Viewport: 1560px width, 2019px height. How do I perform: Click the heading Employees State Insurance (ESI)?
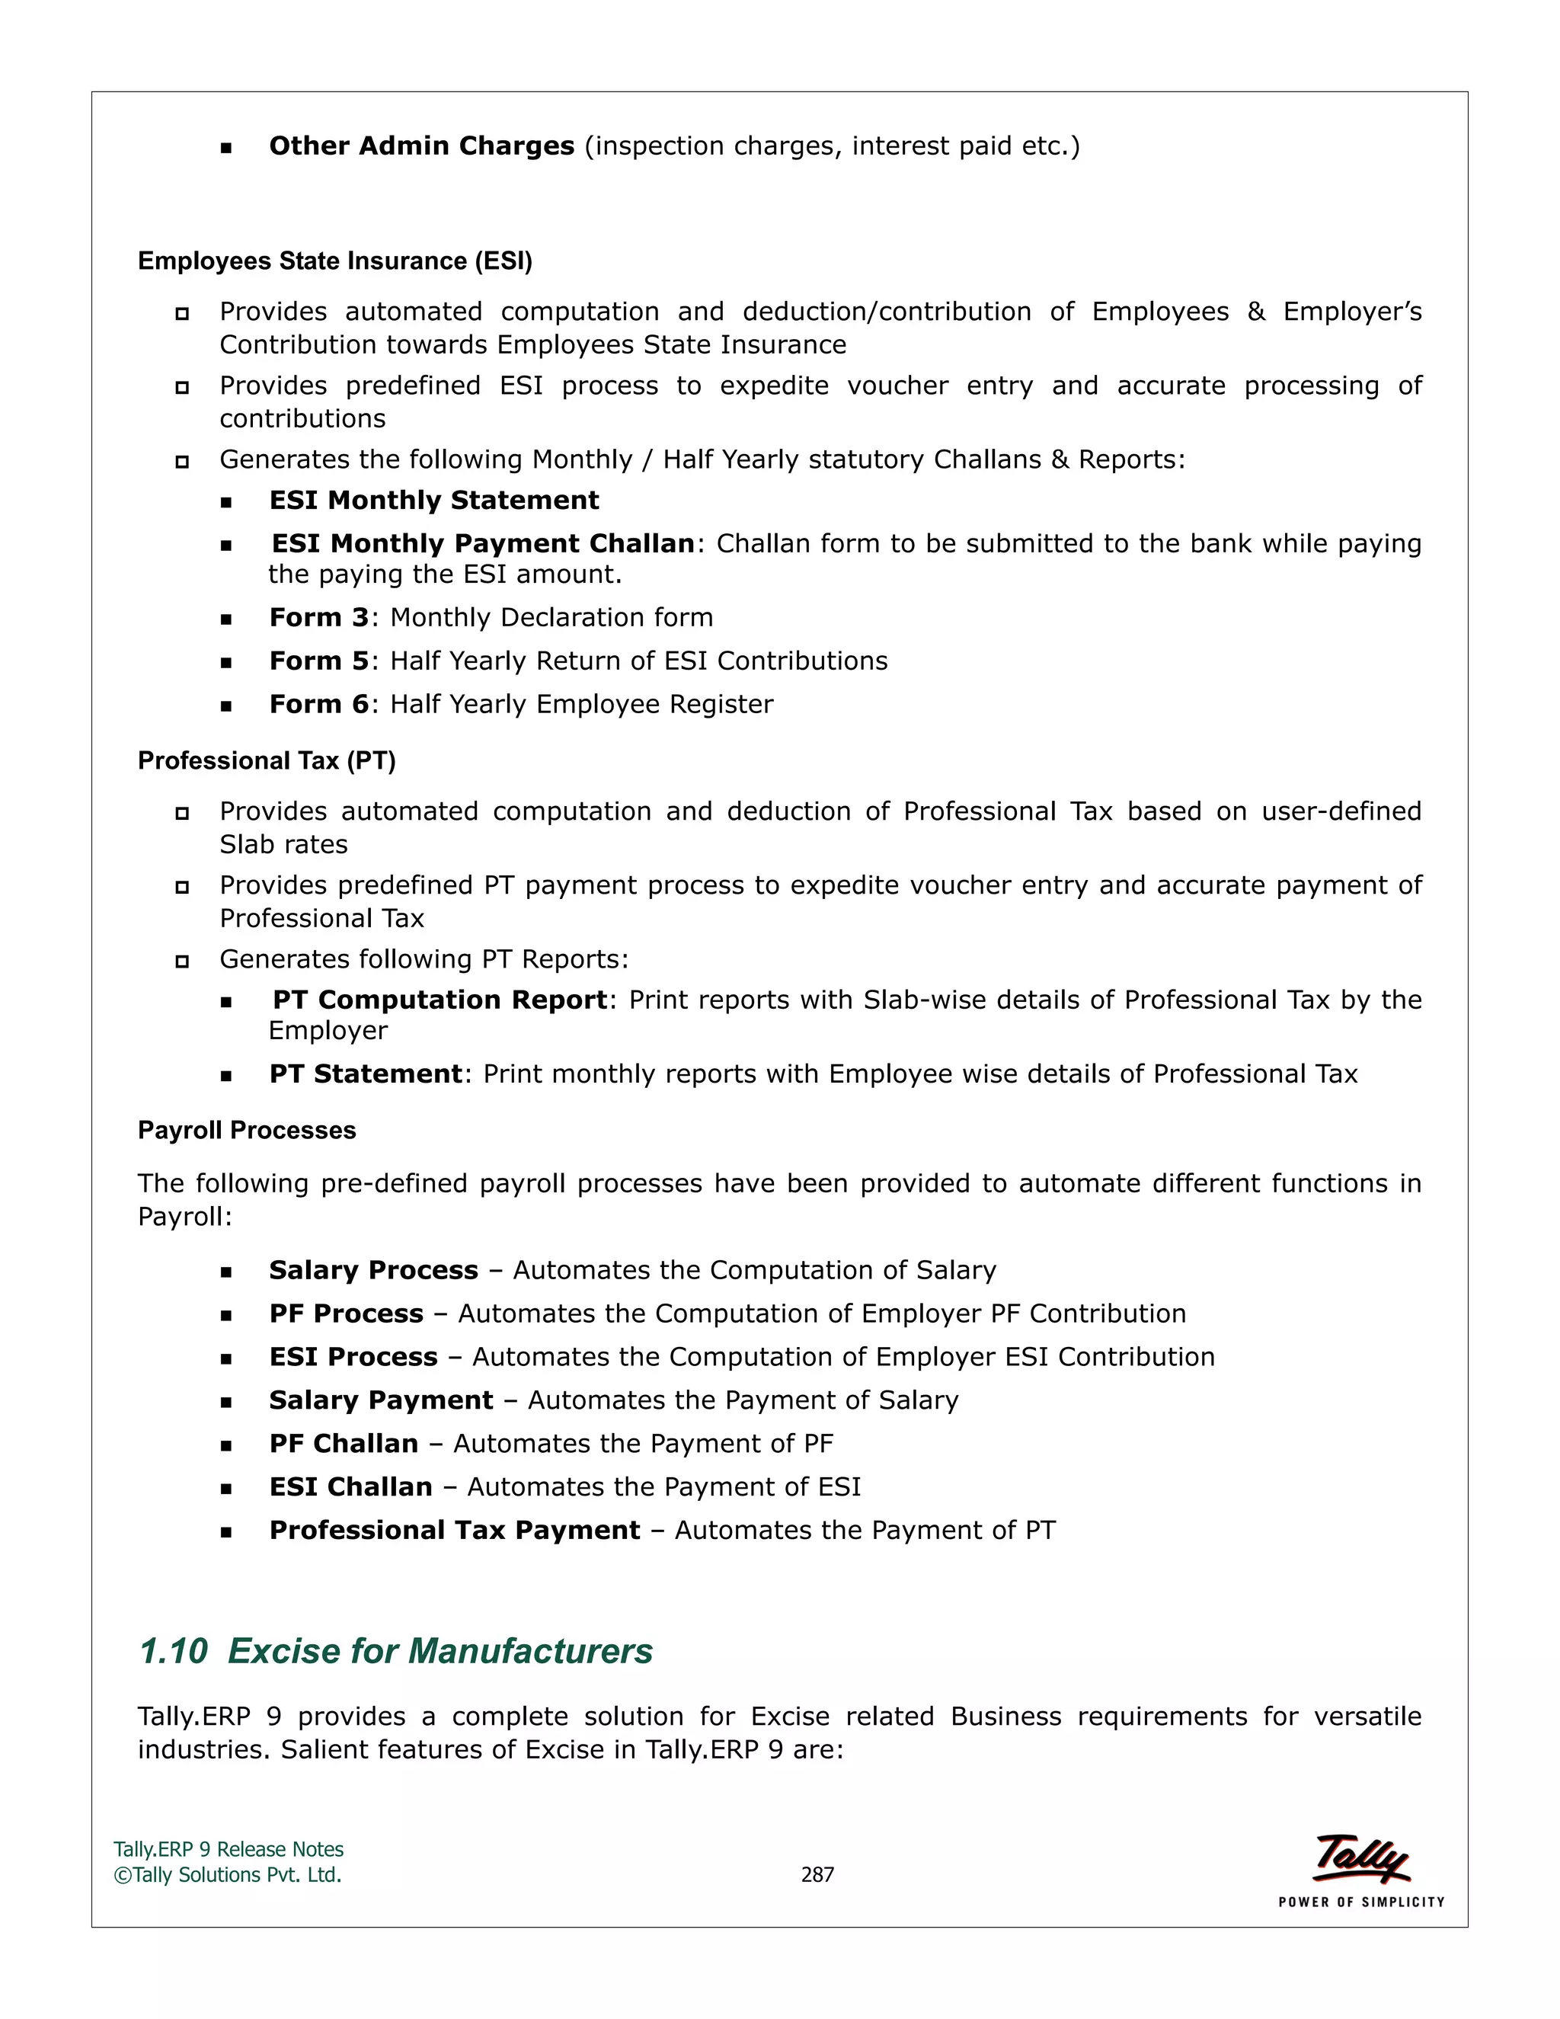334,261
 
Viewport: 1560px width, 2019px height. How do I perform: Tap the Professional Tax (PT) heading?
266,761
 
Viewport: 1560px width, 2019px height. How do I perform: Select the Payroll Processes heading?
247,1131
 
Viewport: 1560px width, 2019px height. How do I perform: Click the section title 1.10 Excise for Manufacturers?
395,1651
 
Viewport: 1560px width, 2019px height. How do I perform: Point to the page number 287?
817,1875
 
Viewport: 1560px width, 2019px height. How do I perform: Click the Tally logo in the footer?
1361,1858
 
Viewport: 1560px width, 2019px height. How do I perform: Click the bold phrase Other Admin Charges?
421,146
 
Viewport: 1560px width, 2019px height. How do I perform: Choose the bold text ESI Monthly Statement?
433,500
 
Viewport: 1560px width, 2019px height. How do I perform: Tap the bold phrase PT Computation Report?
440,1000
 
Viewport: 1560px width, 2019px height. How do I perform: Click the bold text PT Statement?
365,1074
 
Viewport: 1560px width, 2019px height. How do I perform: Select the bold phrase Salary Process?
373,1270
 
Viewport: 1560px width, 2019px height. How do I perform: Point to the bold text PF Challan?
344,1444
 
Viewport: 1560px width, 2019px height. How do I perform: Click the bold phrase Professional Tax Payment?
454,1531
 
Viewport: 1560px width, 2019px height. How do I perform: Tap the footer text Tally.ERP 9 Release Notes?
229,1850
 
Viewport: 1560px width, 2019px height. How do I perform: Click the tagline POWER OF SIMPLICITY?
1361,1902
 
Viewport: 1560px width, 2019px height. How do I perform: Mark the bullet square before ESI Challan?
226,1489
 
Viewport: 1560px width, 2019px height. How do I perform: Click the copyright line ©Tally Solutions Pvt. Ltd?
227,1875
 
